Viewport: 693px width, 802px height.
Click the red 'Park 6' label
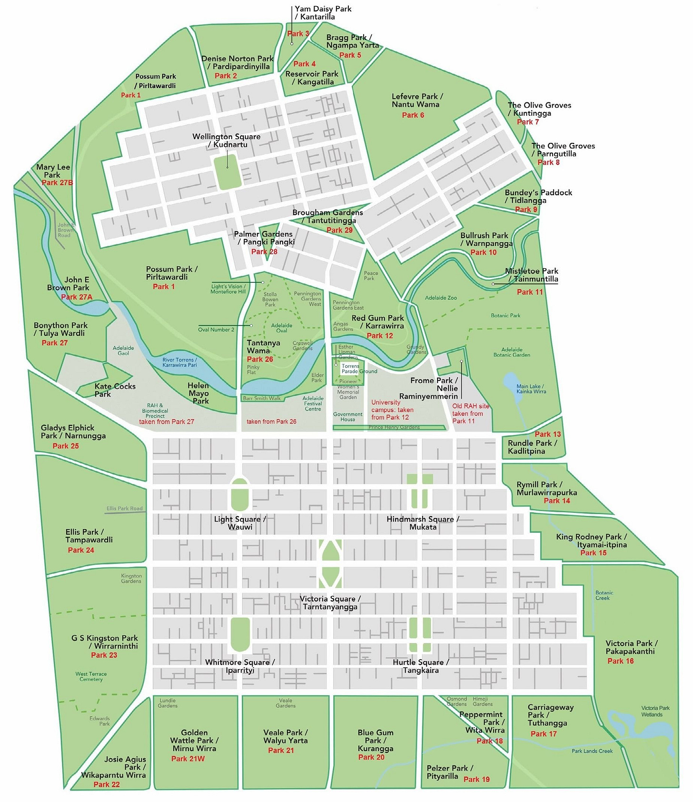click(413, 115)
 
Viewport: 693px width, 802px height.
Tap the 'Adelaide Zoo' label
click(441, 298)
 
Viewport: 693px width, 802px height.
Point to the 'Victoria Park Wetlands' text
click(655, 712)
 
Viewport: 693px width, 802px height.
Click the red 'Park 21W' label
click(188, 759)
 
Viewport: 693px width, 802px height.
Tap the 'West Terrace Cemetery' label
click(91, 677)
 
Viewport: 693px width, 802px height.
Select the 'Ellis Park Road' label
click(124, 509)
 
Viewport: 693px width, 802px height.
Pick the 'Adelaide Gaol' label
click(123, 351)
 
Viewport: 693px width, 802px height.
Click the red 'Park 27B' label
click(57, 183)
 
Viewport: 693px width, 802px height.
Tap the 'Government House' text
click(347, 417)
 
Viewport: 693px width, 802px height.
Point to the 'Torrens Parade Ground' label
click(358, 369)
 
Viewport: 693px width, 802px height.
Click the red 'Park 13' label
click(547, 434)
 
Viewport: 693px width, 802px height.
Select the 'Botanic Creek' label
click(604, 596)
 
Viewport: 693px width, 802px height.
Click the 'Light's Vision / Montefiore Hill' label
click(228, 289)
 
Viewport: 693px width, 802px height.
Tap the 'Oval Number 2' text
click(216, 330)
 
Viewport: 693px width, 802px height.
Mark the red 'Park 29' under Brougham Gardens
click(339, 231)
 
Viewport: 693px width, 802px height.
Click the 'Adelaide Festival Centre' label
click(313, 404)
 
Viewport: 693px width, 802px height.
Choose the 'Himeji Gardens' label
click(482, 702)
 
